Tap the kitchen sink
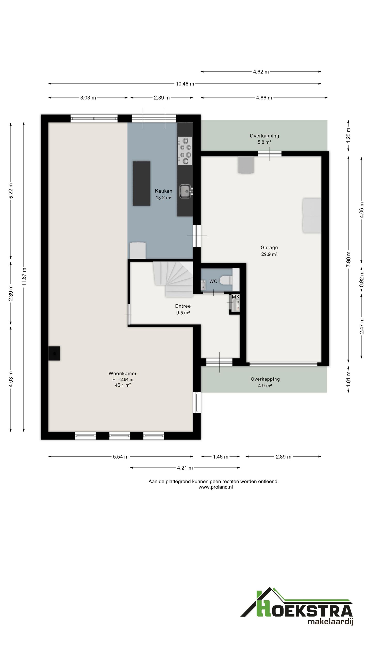(186, 192)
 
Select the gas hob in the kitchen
(185, 151)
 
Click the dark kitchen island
(142, 183)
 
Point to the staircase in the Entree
(173, 279)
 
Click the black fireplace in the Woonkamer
(54, 353)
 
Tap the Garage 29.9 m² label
(269, 251)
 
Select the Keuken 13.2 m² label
(164, 194)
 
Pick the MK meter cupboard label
(235, 297)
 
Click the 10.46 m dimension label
(185, 84)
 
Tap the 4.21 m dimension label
(185, 468)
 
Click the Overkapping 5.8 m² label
(264, 139)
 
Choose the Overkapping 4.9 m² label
(265, 382)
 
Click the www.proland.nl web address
(216, 487)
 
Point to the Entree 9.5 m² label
(183, 309)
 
